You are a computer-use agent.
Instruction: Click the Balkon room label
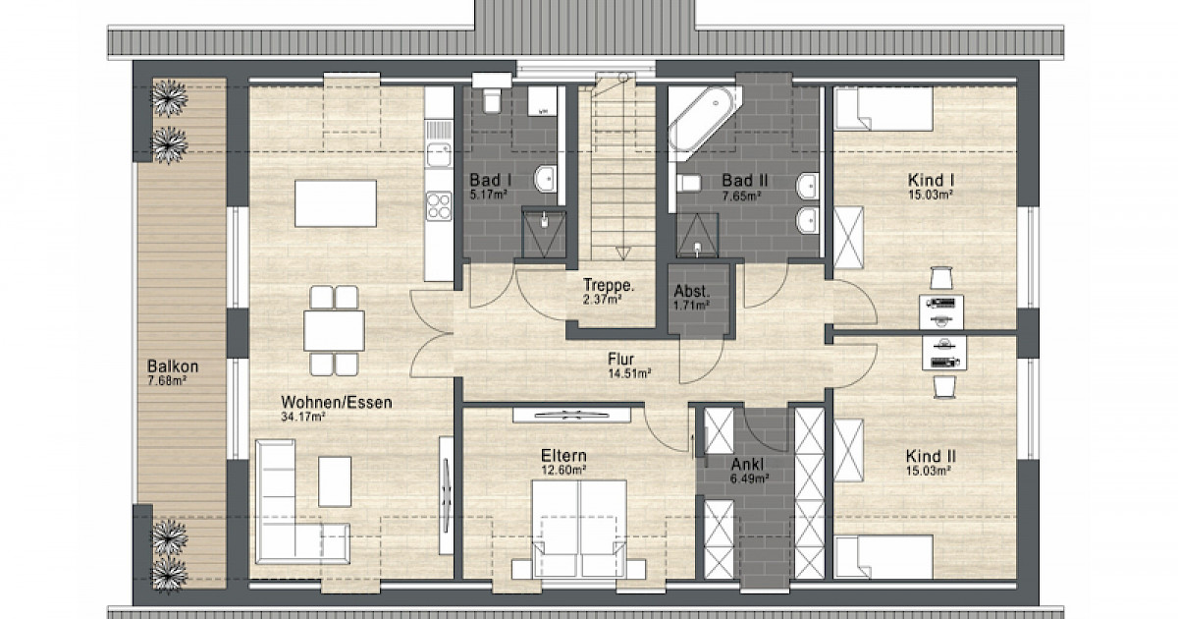[173, 366]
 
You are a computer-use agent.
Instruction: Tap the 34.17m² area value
[303, 417]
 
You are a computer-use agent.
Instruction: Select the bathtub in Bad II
[705, 124]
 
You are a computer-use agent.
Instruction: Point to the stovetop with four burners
[439, 205]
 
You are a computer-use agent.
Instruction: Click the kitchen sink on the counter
[439, 155]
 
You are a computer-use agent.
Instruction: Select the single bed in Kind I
[883, 108]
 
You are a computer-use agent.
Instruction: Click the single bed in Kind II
[883, 557]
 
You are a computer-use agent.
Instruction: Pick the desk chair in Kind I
[941, 278]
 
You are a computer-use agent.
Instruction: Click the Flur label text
[621, 359]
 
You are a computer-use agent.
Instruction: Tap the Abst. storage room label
[692, 291]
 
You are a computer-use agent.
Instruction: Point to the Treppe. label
[609, 285]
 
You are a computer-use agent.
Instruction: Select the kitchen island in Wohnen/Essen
[336, 203]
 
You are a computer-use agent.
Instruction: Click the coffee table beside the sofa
[335, 481]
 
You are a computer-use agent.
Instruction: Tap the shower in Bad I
[544, 234]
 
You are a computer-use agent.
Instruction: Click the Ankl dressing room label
[747, 465]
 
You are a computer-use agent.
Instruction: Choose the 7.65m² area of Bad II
[741, 197]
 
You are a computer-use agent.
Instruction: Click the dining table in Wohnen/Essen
[334, 330]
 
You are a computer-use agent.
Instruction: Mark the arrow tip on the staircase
[623, 259]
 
